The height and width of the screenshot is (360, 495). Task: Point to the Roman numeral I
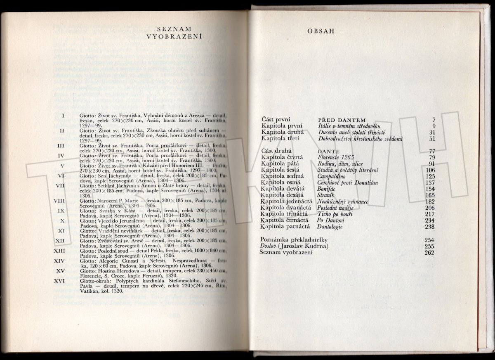(63, 115)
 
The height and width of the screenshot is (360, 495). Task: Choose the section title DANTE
(328, 151)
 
